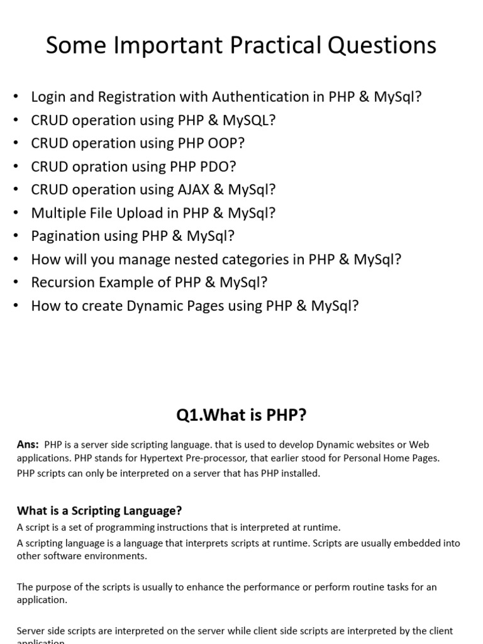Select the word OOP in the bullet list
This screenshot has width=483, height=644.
[226, 143]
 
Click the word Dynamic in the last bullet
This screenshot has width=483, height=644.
[157, 306]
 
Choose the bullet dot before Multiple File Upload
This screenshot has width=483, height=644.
[17, 213]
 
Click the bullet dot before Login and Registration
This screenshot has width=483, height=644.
[17, 97]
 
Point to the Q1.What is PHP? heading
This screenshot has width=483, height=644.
[241, 416]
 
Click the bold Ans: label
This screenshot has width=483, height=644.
[28, 445]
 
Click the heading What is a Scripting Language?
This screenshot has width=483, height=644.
[99, 511]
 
